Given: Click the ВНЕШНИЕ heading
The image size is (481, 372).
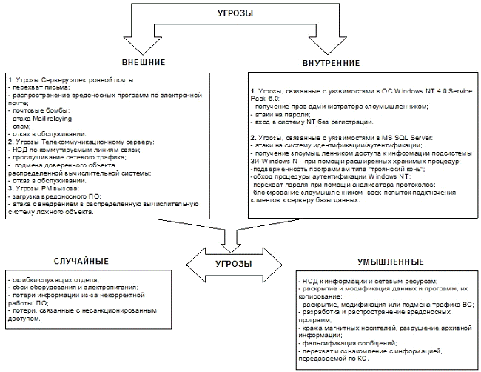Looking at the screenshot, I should click(x=144, y=62).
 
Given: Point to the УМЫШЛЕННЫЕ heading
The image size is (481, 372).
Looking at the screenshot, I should click(x=387, y=262).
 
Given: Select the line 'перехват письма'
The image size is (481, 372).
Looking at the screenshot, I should click(x=38, y=87).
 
